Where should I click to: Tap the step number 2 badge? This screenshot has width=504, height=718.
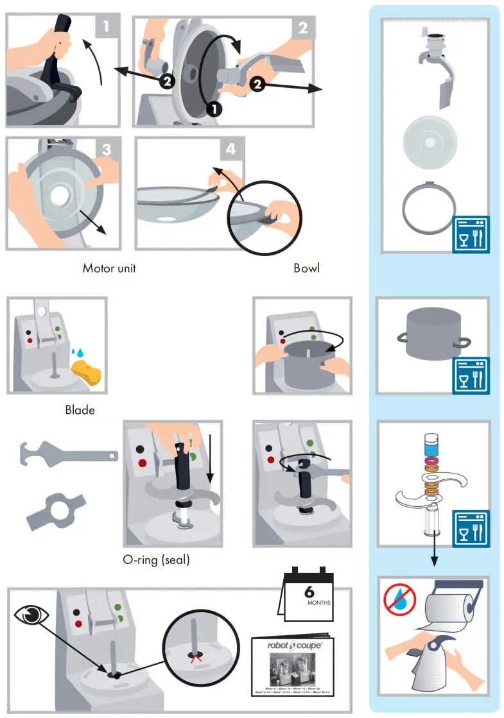tap(302, 28)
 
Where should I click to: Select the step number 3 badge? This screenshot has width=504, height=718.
tap(107, 149)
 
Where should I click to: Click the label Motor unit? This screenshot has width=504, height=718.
tap(109, 268)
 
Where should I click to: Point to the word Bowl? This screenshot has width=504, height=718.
tap(306, 268)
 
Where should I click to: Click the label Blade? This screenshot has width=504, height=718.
tap(80, 409)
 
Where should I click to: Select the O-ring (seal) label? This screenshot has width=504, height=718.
tap(156, 560)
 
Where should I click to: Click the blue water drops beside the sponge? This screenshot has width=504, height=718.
tap(78, 352)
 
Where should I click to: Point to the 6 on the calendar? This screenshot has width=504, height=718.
tap(309, 592)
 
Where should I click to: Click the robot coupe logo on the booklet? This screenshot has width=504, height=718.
tap(295, 647)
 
